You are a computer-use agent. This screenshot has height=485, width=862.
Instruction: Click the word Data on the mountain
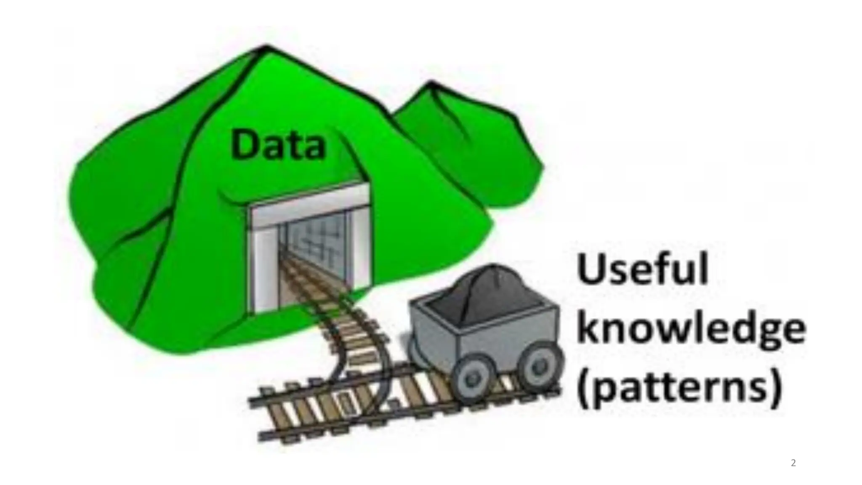(278, 145)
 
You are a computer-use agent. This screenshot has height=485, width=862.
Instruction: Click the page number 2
(793, 464)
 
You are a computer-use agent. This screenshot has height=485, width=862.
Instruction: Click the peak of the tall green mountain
(266, 47)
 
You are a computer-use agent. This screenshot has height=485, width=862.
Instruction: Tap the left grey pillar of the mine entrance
(261, 269)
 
